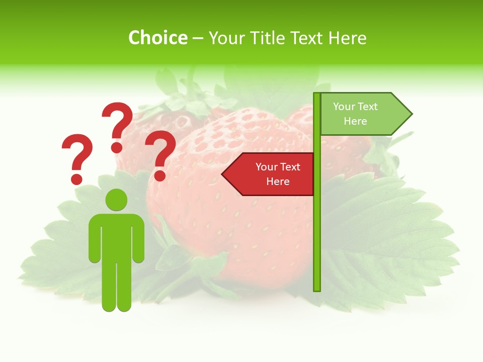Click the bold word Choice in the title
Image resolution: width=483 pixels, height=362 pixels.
point(157,38)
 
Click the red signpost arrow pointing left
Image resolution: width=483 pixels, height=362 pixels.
point(269,174)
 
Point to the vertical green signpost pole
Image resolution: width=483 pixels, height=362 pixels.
point(317,211)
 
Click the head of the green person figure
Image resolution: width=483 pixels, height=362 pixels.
point(116,200)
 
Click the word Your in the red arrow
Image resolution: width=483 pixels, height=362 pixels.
point(266,167)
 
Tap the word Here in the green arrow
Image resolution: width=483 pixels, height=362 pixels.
point(355,121)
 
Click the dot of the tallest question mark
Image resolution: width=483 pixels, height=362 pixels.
point(117,147)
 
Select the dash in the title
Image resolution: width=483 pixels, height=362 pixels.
point(198,38)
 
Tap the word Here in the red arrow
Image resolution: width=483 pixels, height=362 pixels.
point(278,182)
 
